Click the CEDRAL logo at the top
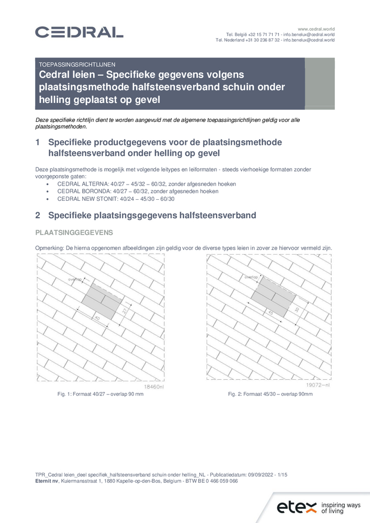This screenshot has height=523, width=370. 79,32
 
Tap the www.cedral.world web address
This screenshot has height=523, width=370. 316,28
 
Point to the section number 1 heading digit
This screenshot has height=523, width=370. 37,143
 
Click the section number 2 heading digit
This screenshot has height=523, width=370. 37,215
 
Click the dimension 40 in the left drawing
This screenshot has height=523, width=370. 97,318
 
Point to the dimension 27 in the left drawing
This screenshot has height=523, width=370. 125,311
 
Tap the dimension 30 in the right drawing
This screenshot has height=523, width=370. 297,310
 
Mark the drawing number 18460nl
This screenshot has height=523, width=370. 154,386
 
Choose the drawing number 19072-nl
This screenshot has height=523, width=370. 318,385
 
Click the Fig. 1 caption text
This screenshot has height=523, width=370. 100,394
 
